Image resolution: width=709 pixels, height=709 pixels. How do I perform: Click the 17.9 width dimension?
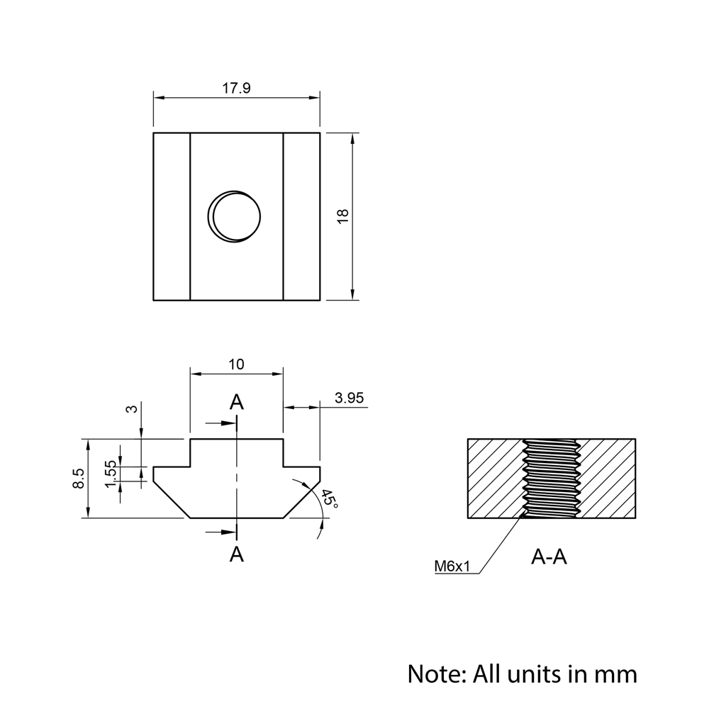[x=236, y=88]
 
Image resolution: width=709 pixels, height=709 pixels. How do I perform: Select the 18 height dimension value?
[x=342, y=216]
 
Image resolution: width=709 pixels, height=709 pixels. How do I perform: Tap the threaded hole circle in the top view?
[x=234, y=217]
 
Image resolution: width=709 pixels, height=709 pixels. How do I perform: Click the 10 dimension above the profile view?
[x=237, y=364]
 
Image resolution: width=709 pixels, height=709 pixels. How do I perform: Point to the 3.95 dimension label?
[x=349, y=398]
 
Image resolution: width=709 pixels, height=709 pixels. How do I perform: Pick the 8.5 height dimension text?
[x=78, y=478]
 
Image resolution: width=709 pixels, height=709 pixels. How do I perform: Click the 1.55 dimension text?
[x=111, y=474]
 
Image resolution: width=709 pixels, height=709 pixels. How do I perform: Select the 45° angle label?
[x=330, y=498]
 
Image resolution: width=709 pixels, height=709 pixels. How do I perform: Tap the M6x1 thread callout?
[x=452, y=566]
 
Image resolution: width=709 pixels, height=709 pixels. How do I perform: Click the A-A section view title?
[x=549, y=557]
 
